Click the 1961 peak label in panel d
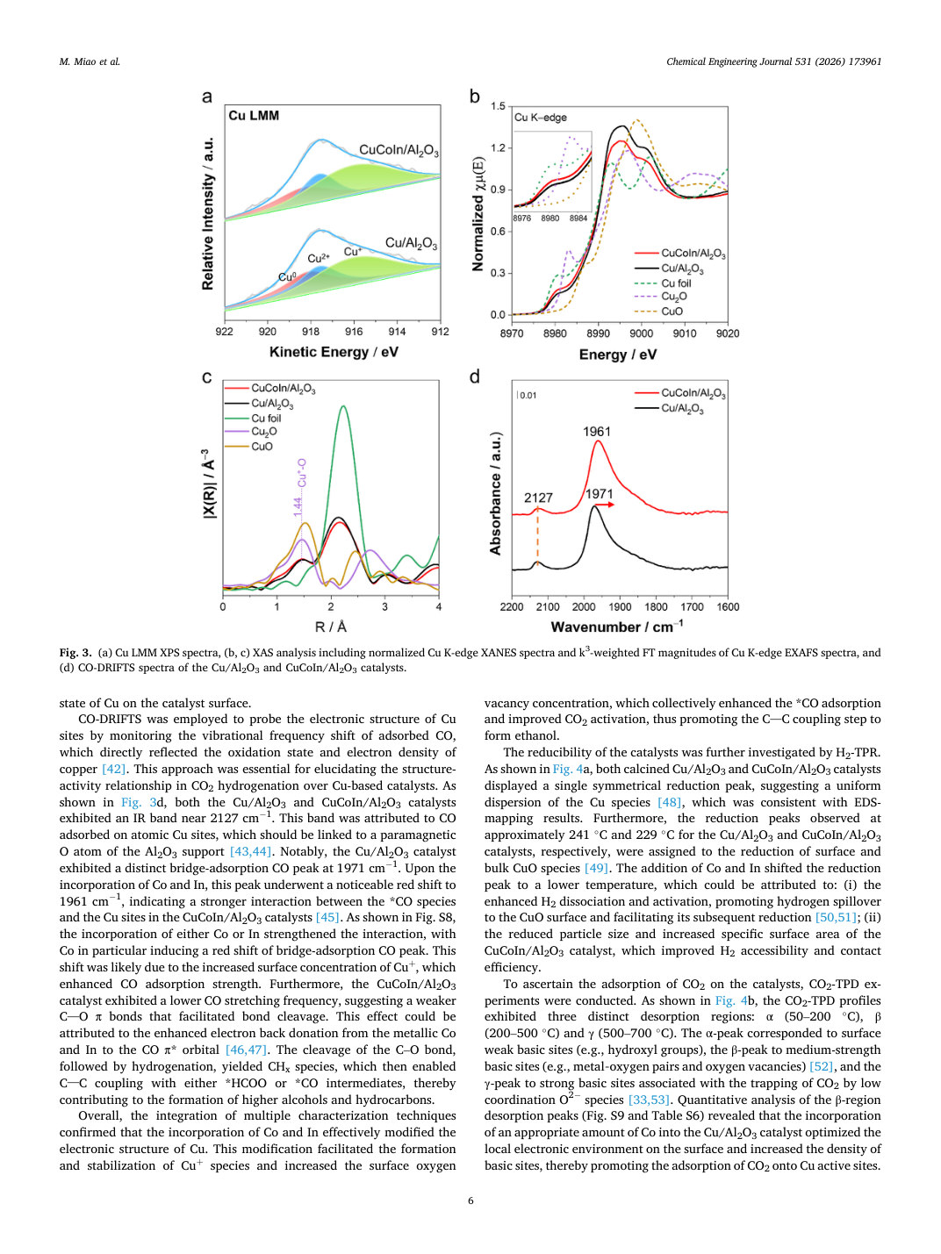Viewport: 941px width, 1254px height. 597,432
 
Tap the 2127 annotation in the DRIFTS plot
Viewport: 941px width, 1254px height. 538,498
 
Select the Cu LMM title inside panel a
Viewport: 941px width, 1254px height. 254,116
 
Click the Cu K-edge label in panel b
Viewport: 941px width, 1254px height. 541,117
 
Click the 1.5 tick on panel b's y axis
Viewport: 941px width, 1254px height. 499,106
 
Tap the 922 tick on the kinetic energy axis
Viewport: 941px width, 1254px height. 224,332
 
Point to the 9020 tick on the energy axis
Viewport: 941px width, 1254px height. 728,333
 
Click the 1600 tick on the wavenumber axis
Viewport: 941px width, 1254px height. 728,606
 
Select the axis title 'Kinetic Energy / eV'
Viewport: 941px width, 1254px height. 334,352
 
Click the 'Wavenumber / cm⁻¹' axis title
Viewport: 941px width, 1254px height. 617,627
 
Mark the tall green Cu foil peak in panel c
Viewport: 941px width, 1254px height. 343,407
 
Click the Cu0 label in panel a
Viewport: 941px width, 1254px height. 287,277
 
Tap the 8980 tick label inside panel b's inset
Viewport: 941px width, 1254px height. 550,219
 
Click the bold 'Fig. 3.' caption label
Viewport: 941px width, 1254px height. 75,652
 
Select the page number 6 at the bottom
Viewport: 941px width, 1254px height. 470,1200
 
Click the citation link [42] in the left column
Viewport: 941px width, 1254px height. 113,769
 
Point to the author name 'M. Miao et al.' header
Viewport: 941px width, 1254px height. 90,61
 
